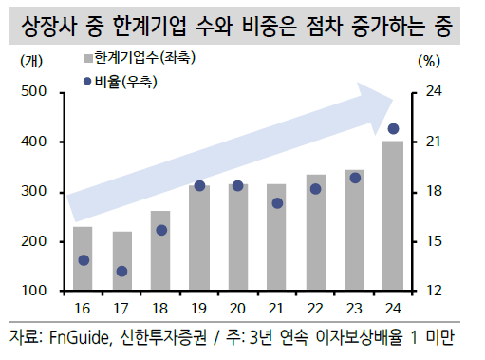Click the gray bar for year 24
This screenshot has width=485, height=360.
[393, 216]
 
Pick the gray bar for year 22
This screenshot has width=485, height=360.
[315, 232]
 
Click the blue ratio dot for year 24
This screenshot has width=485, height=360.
[393, 128]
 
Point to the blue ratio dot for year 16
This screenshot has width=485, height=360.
[84, 260]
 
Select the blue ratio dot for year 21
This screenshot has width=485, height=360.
[277, 203]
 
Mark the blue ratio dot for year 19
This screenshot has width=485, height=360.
[199, 186]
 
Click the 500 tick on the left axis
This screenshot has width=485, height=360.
[35, 92]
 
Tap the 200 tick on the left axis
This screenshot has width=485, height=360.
[35, 241]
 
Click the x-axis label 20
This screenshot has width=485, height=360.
[238, 308]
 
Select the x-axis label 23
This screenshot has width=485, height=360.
[354, 308]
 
